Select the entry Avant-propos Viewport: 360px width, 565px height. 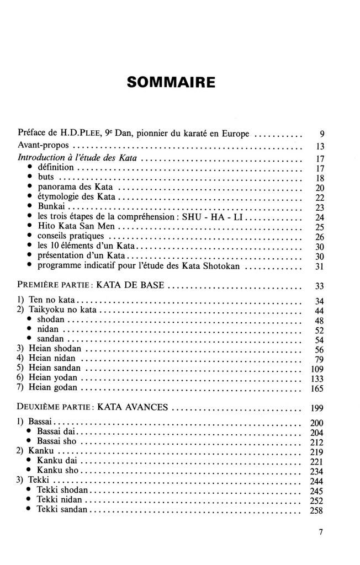(x=44, y=147)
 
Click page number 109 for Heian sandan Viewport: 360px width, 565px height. (x=316, y=368)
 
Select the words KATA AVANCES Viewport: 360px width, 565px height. (x=133, y=408)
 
